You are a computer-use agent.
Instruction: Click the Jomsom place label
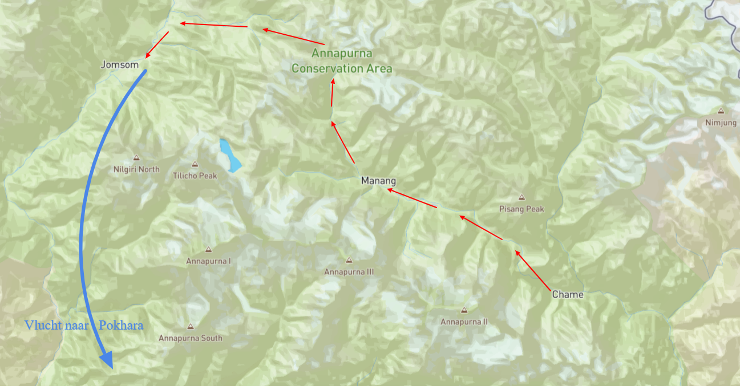click(x=120, y=65)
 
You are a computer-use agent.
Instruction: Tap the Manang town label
click(x=378, y=181)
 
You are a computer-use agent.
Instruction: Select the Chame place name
click(x=568, y=294)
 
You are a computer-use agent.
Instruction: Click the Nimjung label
click(x=721, y=123)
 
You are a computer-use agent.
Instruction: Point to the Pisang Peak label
click(x=521, y=209)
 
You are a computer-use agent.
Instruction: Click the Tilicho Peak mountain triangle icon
click(x=195, y=164)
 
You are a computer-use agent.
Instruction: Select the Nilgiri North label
click(x=137, y=169)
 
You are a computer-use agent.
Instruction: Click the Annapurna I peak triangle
click(x=208, y=250)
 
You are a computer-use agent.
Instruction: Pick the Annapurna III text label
click(x=349, y=272)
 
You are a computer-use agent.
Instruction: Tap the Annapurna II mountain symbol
click(x=464, y=310)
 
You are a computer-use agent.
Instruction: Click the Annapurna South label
click(x=191, y=338)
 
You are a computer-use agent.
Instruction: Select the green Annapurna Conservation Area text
click(x=342, y=61)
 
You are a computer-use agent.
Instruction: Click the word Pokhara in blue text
click(x=120, y=326)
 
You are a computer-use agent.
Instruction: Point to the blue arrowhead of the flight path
click(x=106, y=361)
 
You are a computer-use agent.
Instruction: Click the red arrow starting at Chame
click(x=533, y=270)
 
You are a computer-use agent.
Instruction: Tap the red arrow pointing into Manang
click(x=412, y=198)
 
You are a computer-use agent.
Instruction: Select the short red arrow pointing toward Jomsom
click(x=157, y=45)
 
